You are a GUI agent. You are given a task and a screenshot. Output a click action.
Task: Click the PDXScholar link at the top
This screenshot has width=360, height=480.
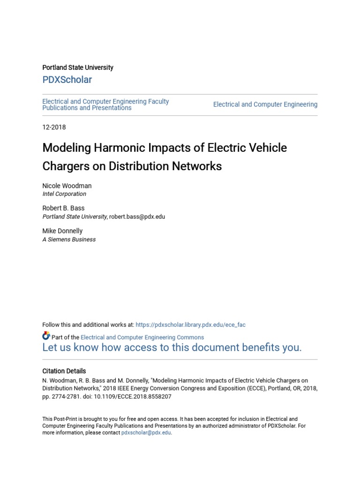click(67, 80)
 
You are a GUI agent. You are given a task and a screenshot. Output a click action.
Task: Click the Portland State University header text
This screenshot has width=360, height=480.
click(78, 67)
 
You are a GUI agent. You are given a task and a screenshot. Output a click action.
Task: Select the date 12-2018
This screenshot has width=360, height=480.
click(54, 127)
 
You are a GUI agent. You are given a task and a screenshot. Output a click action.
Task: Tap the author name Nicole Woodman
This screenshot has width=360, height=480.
click(67, 186)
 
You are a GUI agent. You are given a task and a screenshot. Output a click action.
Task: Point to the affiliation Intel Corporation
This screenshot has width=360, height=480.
click(64, 194)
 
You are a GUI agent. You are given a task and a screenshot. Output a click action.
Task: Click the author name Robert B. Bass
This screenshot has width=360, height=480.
click(63, 208)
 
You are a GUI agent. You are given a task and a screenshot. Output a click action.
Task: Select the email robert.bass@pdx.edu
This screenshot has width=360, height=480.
click(137, 217)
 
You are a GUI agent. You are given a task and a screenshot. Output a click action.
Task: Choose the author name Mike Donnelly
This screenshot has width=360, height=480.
click(62, 231)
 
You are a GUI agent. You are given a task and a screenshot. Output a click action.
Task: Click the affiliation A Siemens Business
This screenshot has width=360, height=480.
click(69, 239)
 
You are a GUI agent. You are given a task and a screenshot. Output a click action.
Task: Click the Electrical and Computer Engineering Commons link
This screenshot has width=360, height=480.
click(142, 337)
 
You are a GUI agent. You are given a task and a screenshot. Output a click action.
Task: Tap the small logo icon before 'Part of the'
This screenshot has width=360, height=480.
click(46, 336)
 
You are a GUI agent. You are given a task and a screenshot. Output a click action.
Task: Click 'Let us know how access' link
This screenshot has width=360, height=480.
click(172, 347)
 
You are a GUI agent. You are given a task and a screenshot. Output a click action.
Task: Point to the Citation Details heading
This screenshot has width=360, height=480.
click(64, 371)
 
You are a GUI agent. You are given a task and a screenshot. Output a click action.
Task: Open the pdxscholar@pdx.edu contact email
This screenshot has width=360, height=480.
click(146, 433)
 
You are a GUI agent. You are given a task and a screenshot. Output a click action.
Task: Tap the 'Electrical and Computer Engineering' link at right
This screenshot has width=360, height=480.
click(265, 105)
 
